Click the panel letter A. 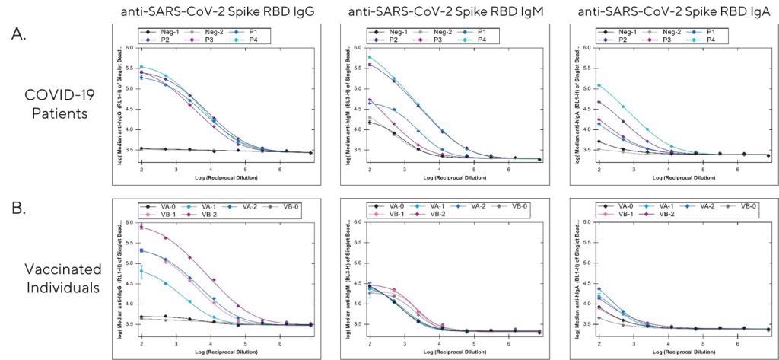[17, 33]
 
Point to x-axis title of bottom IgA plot [671, 352]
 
